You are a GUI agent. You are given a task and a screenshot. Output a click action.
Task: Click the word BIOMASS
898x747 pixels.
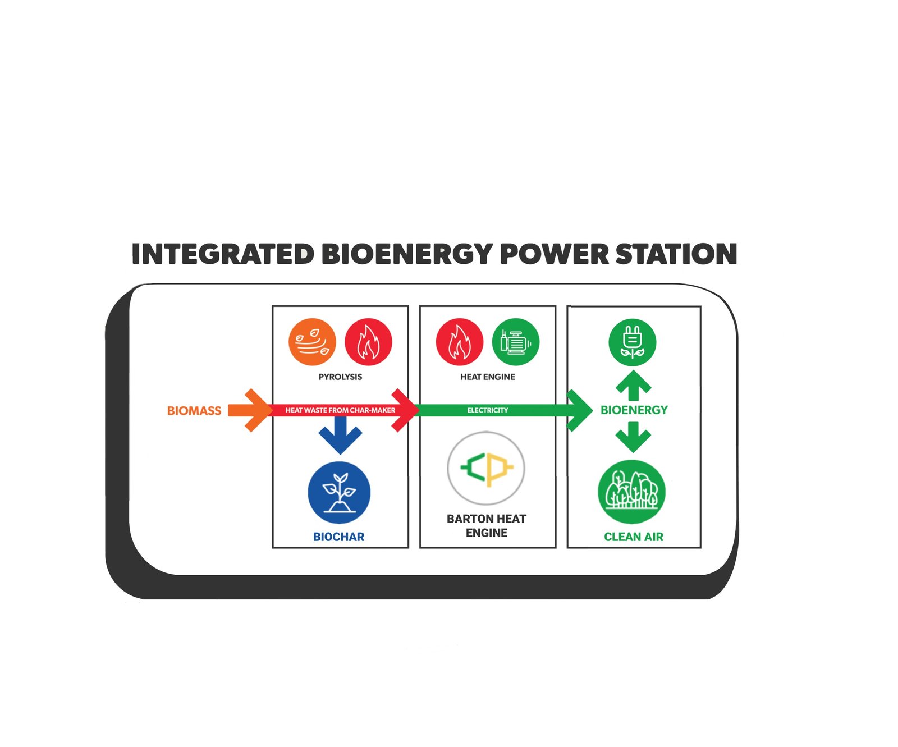(194, 411)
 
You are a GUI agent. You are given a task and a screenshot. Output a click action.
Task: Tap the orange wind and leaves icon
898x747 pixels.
(312, 342)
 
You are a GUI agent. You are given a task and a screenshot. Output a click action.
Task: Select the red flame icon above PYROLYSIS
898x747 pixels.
(368, 342)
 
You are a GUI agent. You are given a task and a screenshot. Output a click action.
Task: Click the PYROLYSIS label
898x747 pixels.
(340, 377)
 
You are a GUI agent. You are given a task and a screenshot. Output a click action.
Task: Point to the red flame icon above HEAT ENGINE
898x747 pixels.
(460, 342)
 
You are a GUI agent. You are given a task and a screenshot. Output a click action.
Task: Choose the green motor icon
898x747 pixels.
(515, 342)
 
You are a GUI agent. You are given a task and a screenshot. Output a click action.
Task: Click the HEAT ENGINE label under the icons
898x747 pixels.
(487, 377)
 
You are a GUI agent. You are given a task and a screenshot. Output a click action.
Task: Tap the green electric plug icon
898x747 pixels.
(633, 342)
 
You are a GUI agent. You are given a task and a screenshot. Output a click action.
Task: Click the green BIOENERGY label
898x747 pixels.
(634, 410)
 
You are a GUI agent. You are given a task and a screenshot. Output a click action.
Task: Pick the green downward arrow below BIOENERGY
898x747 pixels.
(633, 437)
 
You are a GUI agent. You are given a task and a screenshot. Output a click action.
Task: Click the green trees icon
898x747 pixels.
(632, 492)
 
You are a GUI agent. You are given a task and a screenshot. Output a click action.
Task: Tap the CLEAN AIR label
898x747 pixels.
(633, 537)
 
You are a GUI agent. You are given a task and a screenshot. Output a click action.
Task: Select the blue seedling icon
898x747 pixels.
(339, 492)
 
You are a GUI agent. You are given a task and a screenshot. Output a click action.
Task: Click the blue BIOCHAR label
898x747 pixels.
(338, 537)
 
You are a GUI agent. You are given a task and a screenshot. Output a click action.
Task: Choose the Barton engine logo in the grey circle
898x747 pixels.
(486, 468)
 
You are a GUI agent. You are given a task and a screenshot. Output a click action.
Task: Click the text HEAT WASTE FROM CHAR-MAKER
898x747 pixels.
(340, 410)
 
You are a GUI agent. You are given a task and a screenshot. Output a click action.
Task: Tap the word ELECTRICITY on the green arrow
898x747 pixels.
(487, 410)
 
